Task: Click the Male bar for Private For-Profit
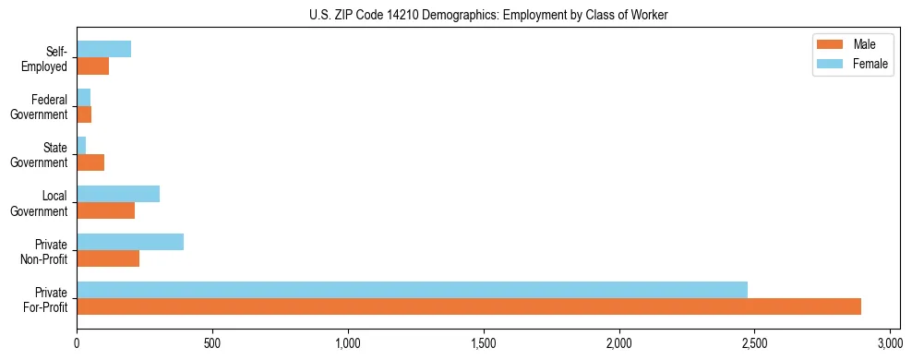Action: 469,306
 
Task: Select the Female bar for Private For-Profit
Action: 412,289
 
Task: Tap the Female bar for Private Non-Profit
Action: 130,242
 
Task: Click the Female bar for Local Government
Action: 118,194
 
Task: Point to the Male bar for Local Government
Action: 106,210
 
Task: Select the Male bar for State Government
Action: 90,162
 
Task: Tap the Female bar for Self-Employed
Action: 104,49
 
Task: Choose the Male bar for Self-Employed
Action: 93,66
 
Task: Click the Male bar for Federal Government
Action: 84,114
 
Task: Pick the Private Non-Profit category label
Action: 46,251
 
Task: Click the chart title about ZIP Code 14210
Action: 488,15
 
